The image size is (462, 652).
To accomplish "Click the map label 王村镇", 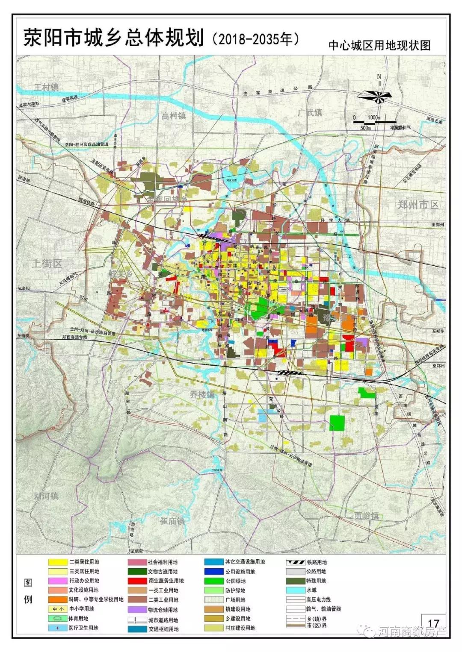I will [x=47, y=87].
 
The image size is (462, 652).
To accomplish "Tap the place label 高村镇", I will [x=174, y=115].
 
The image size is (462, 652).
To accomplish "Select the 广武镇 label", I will [x=310, y=112].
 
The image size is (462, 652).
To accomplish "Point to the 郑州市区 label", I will [x=418, y=204].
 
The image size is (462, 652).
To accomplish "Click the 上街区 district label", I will [x=47, y=263].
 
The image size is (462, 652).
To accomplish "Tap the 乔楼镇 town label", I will [x=202, y=394].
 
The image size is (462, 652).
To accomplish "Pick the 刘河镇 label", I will [x=46, y=496].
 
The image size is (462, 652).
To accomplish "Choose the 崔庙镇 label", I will [x=172, y=521].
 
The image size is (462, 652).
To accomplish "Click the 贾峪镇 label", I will [x=367, y=515].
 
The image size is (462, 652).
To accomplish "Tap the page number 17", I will [x=433, y=624].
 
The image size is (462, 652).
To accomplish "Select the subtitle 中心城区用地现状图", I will [x=379, y=46].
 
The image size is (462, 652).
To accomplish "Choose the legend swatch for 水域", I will [x=295, y=590].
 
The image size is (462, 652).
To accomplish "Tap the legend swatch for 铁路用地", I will [x=295, y=562].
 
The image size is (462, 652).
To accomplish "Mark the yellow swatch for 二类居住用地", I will [x=56, y=562].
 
